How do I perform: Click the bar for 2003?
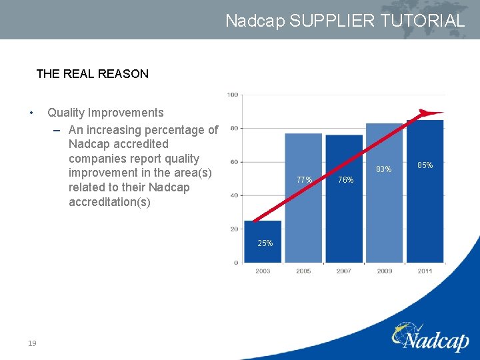(x=263, y=241)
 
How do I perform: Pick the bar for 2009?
(x=385, y=193)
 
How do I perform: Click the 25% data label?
(x=265, y=243)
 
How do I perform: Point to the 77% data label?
(x=304, y=179)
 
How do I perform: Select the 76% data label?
(x=345, y=180)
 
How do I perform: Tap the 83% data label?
(x=383, y=169)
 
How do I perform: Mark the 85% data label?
(x=425, y=165)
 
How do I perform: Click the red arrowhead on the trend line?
(x=430, y=113)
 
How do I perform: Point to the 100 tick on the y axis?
(x=233, y=95)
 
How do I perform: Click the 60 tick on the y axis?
(x=234, y=162)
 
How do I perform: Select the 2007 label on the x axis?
(x=344, y=271)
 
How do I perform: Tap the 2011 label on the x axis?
(x=425, y=271)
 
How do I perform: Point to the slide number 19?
(x=32, y=343)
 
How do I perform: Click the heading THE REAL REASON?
(x=92, y=74)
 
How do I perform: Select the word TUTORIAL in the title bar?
(x=422, y=21)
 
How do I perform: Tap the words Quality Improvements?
(x=105, y=113)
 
